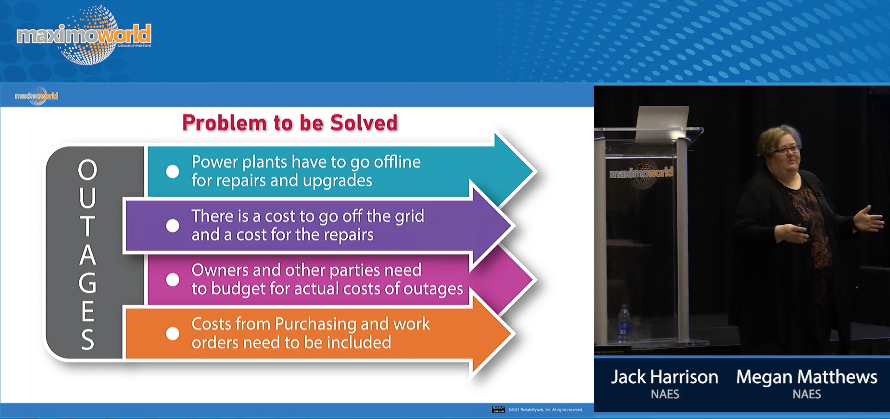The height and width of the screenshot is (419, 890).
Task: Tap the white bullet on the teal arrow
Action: (x=172, y=171)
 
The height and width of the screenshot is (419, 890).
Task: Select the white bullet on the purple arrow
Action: (x=172, y=226)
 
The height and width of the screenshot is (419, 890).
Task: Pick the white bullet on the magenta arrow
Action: (x=172, y=280)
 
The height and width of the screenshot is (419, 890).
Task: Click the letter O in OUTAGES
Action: (x=87, y=170)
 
